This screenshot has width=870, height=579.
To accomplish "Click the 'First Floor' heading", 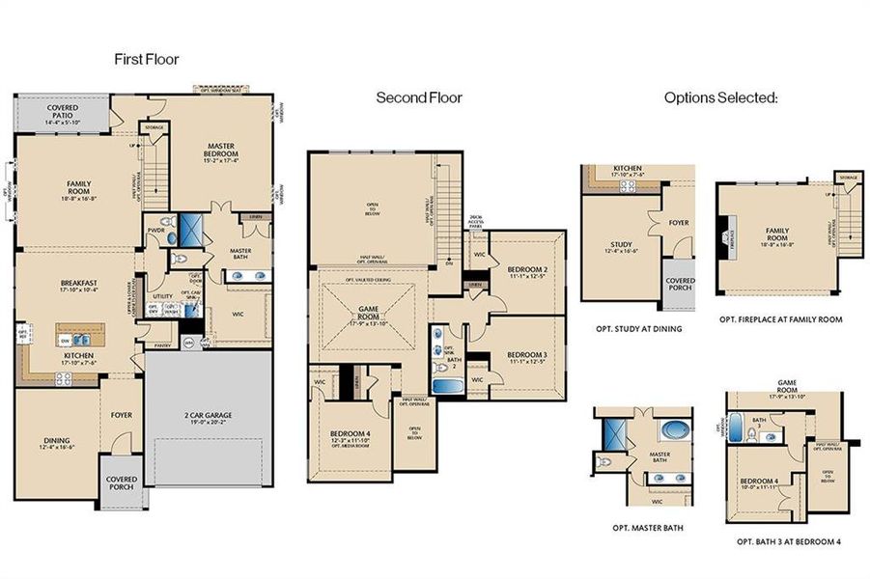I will point(146,60).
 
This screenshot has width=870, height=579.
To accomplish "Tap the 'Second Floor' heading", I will point(419,97).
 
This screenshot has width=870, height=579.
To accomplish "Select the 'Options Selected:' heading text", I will point(720,97).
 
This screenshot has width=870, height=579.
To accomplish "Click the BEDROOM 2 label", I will point(528,268).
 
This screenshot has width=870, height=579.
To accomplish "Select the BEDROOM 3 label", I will point(528,355).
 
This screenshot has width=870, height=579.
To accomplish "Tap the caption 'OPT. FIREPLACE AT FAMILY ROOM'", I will point(781,319).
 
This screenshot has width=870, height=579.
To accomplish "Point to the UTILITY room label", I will point(162,296).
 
